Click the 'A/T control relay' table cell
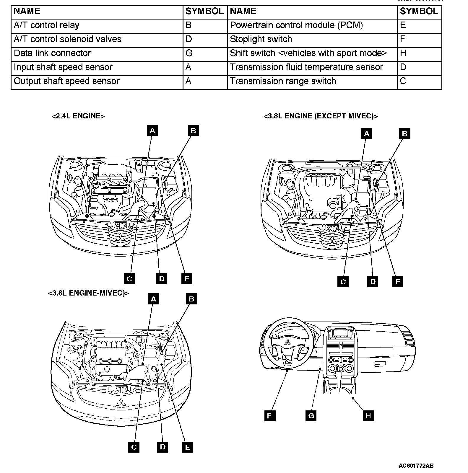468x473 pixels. (x=47, y=25)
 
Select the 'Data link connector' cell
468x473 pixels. (x=52, y=53)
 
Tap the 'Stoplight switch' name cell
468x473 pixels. (x=261, y=39)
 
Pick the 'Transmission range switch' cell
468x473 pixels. (x=283, y=81)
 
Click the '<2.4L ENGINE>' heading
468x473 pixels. (x=78, y=116)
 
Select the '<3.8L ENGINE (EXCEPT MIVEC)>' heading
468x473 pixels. (x=321, y=116)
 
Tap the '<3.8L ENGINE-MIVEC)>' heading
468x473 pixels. (x=88, y=293)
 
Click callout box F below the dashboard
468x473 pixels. (x=269, y=416)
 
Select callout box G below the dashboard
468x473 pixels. (x=311, y=416)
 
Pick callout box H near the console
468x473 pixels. (x=368, y=416)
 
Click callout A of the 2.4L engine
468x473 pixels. (x=152, y=130)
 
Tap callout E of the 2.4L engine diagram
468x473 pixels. (x=187, y=279)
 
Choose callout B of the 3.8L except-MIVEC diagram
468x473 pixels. (x=404, y=133)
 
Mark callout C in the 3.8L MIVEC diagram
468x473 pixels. (x=134, y=447)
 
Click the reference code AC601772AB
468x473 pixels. (x=416, y=466)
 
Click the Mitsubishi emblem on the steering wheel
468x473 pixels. (x=287, y=342)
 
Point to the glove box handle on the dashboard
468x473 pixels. (x=381, y=364)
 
